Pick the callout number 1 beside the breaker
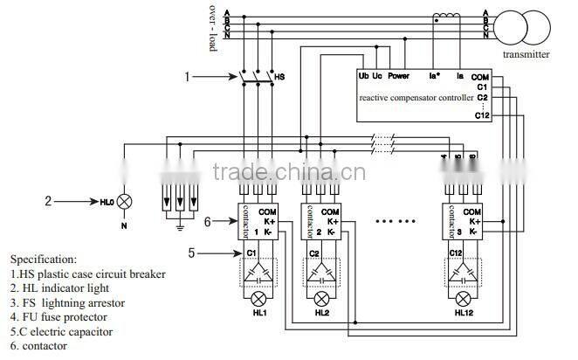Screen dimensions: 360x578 [x=186, y=77]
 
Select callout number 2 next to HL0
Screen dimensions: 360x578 [x=49, y=200]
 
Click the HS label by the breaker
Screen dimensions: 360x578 [x=280, y=77]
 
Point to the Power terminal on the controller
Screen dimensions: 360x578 [x=399, y=76]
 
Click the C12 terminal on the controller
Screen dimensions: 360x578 [x=481, y=114]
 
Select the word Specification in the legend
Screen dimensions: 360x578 [x=44, y=260]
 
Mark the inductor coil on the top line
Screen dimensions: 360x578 [x=448, y=15]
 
